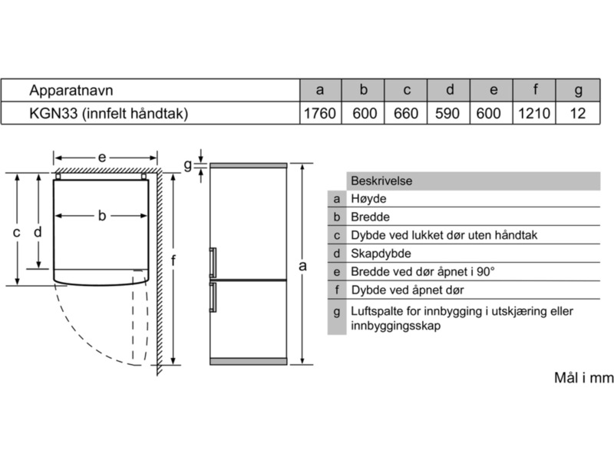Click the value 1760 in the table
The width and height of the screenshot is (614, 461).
(319, 114)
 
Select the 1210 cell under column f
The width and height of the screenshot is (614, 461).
(534, 114)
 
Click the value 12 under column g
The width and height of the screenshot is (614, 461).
(578, 114)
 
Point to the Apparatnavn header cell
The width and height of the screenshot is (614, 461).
(70, 91)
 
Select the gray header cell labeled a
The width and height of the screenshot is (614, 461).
(319, 91)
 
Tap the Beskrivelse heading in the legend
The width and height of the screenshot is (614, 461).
(381, 181)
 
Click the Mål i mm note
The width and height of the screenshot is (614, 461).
(584, 377)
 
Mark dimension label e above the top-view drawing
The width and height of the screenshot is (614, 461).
(101, 157)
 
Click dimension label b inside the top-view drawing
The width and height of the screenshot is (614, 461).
(101, 216)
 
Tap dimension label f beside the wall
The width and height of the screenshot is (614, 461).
(173, 261)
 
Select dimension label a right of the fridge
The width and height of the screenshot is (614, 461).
(303, 266)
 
